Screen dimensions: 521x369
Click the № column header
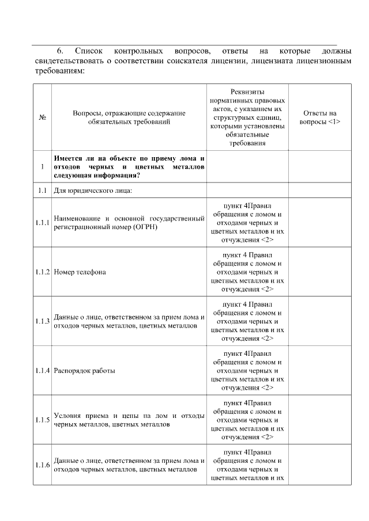tap(42, 117)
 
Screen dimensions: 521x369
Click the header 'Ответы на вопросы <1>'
tap(320, 117)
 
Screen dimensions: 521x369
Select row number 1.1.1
tap(42, 223)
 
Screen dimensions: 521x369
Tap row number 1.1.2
tap(42, 272)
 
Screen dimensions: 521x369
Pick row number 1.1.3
tap(42, 321)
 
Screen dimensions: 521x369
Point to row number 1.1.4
tap(42, 371)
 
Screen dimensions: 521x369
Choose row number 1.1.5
tap(42, 420)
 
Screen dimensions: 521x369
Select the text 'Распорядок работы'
tap(84, 371)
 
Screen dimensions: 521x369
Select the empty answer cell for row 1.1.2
tap(320, 272)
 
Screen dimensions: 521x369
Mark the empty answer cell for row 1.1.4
tap(320, 371)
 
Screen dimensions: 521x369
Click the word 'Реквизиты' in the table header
tap(247, 92)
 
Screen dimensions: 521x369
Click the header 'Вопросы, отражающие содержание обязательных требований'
tap(129, 117)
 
